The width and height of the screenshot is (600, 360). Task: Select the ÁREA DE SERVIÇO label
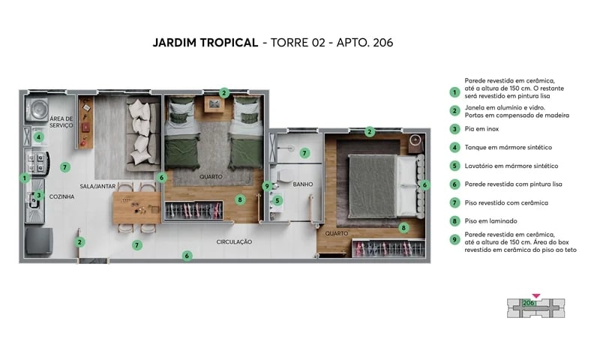point(61,122)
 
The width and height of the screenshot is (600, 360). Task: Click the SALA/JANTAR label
point(98,184)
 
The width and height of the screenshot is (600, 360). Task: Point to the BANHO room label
point(303,184)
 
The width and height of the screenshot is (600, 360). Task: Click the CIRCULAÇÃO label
point(234,242)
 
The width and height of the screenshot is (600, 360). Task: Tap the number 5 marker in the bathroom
point(277,200)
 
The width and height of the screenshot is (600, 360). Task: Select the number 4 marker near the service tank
point(37,137)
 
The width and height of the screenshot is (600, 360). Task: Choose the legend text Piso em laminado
point(490,220)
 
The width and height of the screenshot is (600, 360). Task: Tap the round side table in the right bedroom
point(416,140)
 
